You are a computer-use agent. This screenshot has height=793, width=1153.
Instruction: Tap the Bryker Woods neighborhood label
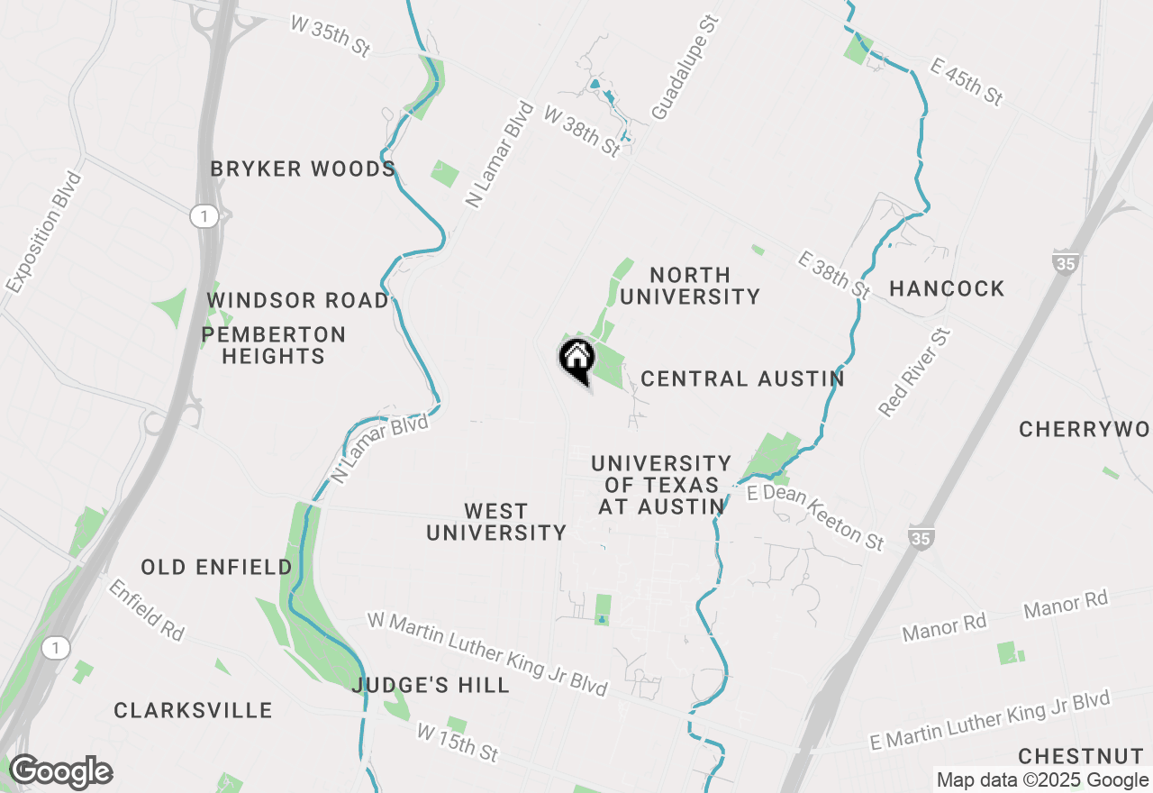click(303, 169)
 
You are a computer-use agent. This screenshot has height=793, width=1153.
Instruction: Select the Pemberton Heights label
click(273, 345)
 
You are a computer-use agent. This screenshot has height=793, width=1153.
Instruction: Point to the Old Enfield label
click(216, 567)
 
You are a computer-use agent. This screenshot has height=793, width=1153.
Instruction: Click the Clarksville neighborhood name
click(193, 710)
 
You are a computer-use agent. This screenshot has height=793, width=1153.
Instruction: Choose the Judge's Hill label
click(431, 685)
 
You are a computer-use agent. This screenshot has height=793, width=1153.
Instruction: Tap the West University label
click(496, 522)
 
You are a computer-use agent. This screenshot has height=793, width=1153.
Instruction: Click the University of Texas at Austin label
click(661, 485)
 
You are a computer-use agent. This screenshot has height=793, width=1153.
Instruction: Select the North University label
click(690, 286)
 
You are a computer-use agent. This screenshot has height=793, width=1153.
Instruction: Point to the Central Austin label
click(742, 378)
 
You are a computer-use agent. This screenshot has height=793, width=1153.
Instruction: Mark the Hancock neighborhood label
click(947, 288)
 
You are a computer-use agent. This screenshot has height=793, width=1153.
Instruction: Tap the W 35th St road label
click(331, 36)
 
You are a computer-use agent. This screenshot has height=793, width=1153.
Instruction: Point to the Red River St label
click(915, 373)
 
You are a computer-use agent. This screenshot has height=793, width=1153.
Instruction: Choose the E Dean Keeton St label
click(816, 517)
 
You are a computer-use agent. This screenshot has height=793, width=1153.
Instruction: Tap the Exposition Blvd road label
click(43, 233)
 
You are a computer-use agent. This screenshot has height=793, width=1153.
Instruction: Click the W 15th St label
click(458, 742)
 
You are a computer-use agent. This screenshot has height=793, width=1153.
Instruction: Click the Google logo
click(60, 772)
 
